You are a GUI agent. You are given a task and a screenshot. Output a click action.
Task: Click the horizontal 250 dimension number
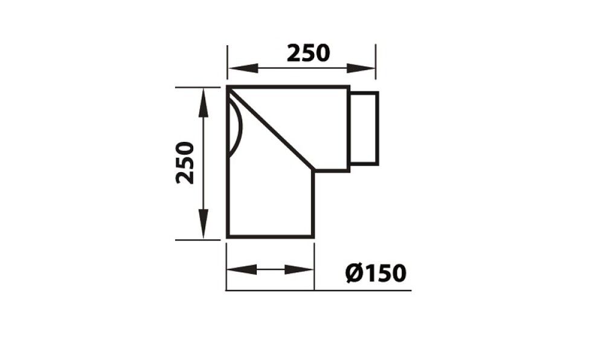308,53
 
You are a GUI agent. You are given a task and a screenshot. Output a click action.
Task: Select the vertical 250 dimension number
185,162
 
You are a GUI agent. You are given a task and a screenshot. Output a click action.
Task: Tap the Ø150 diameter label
375,273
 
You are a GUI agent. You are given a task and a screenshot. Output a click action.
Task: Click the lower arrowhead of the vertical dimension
203,228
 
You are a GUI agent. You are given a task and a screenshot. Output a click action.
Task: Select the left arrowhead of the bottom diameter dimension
238,269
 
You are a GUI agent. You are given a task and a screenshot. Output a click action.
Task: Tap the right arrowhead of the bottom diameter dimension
302,269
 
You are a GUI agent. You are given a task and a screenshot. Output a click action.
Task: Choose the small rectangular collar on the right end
364,128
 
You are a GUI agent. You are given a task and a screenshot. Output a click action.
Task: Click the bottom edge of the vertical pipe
270,236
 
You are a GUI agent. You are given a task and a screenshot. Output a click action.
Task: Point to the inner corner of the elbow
314,171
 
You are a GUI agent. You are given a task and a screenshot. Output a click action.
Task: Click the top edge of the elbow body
288,88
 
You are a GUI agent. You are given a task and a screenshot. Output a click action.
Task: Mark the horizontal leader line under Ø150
362,291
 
